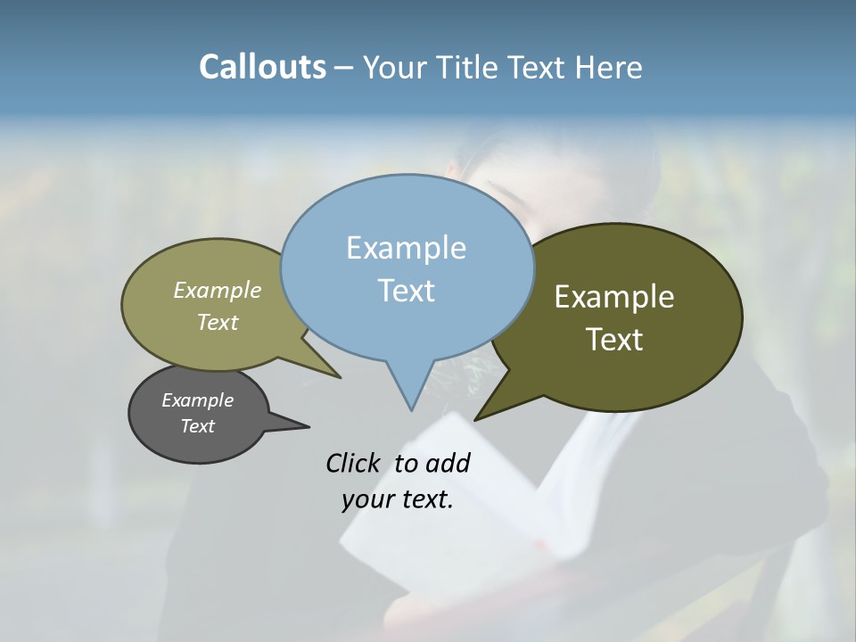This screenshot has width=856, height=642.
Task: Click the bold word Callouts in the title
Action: pyautogui.click(x=262, y=68)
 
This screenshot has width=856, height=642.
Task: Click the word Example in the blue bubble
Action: pyautogui.click(x=406, y=248)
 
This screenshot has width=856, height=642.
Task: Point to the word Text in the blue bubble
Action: pyautogui.click(x=406, y=291)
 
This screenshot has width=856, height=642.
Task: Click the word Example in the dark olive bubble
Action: pyautogui.click(x=614, y=297)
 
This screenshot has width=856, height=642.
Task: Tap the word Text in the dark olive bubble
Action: pyautogui.click(x=614, y=340)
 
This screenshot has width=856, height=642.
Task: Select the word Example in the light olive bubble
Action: pyautogui.click(x=218, y=291)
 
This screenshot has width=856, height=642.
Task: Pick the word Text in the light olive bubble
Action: pyautogui.click(x=218, y=323)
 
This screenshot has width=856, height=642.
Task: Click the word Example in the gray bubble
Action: pyautogui.click(x=197, y=400)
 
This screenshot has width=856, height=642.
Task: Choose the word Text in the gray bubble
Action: pyautogui.click(x=197, y=426)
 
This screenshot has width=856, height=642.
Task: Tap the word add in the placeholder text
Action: pyautogui.click(x=448, y=464)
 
